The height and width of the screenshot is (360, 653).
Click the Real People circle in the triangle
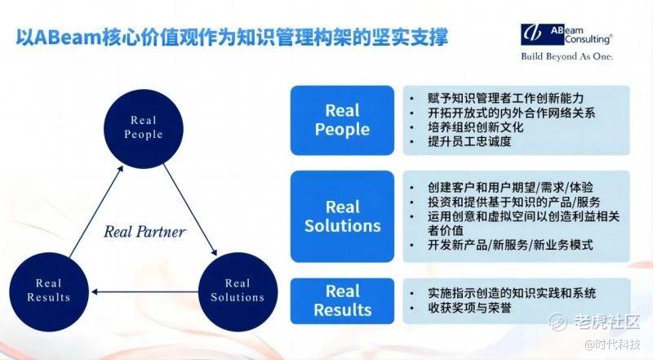(144, 127)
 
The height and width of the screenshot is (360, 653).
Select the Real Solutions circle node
(238, 290)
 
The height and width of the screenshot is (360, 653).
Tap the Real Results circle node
(48, 290)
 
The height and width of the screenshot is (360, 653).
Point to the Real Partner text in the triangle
(144, 231)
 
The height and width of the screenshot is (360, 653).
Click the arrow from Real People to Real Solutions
(190, 209)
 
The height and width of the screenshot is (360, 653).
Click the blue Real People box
(342, 120)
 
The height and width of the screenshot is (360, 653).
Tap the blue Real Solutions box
(342, 215)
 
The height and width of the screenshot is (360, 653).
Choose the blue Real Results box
(342, 300)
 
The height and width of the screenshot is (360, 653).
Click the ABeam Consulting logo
(566, 35)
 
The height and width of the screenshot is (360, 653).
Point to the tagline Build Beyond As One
(566, 57)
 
